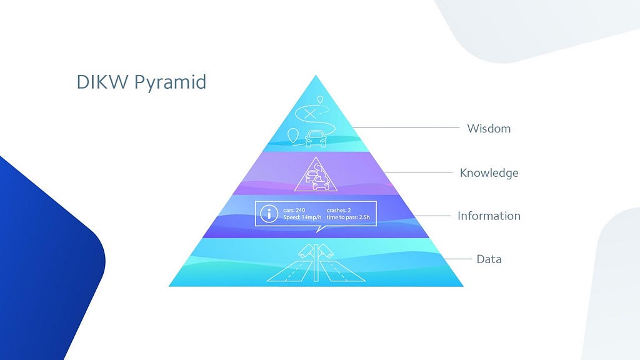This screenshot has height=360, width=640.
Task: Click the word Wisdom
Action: click(x=489, y=129)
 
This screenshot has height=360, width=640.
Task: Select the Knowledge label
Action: click(x=489, y=172)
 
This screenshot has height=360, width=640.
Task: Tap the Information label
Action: click(x=489, y=216)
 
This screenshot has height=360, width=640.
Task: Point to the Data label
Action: click(x=489, y=259)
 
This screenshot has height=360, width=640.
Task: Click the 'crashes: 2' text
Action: click(x=339, y=209)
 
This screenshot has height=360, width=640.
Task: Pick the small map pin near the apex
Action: click(x=321, y=99)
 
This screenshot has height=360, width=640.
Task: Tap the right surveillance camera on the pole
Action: click(x=325, y=251)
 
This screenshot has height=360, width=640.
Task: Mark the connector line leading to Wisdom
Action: click(x=406, y=127)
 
